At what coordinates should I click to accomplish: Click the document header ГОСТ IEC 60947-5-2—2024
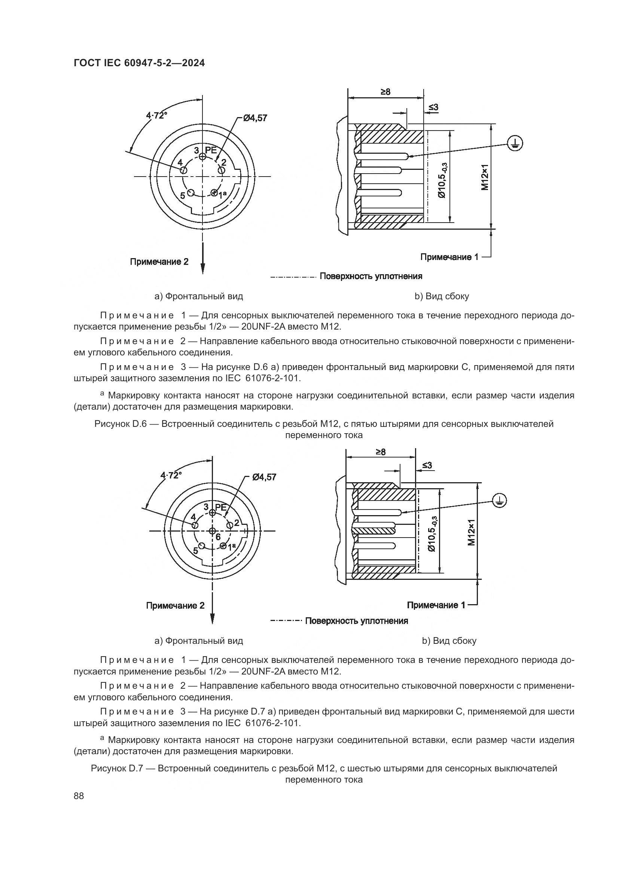pyautogui.click(x=139, y=63)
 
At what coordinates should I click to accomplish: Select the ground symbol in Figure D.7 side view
pyautogui.click(x=499, y=501)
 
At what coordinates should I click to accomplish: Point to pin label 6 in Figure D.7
pyautogui.click(x=218, y=537)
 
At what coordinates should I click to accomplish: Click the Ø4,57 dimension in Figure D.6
pyautogui.click(x=255, y=118)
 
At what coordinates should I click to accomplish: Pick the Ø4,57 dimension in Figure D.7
pyautogui.click(x=264, y=477)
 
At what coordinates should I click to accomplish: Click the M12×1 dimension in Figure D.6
pyautogui.click(x=484, y=177)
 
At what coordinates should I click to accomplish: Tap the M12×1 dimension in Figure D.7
pyautogui.click(x=472, y=532)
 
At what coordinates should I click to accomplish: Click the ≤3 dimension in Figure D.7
pyautogui.click(x=427, y=465)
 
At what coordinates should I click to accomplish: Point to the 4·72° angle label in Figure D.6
pyautogui.click(x=157, y=115)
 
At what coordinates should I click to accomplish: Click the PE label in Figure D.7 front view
pyautogui.click(x=221, y=507)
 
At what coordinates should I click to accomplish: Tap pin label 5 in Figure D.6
pyautogui.click(x=183, y=196)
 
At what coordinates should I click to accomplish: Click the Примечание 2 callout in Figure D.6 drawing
pyautogui.click(x=159, y=262)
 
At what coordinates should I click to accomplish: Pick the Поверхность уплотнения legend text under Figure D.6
pyautogui.click(x=371, y=276)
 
